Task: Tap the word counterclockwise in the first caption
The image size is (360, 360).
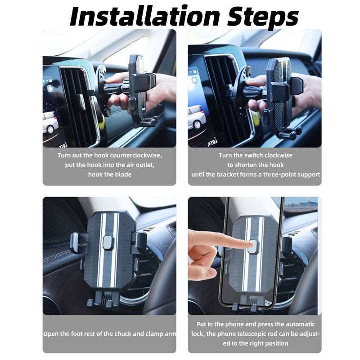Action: coord(133,155)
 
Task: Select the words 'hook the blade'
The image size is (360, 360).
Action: coord(110,174)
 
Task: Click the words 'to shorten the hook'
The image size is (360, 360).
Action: coord(255,165)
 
